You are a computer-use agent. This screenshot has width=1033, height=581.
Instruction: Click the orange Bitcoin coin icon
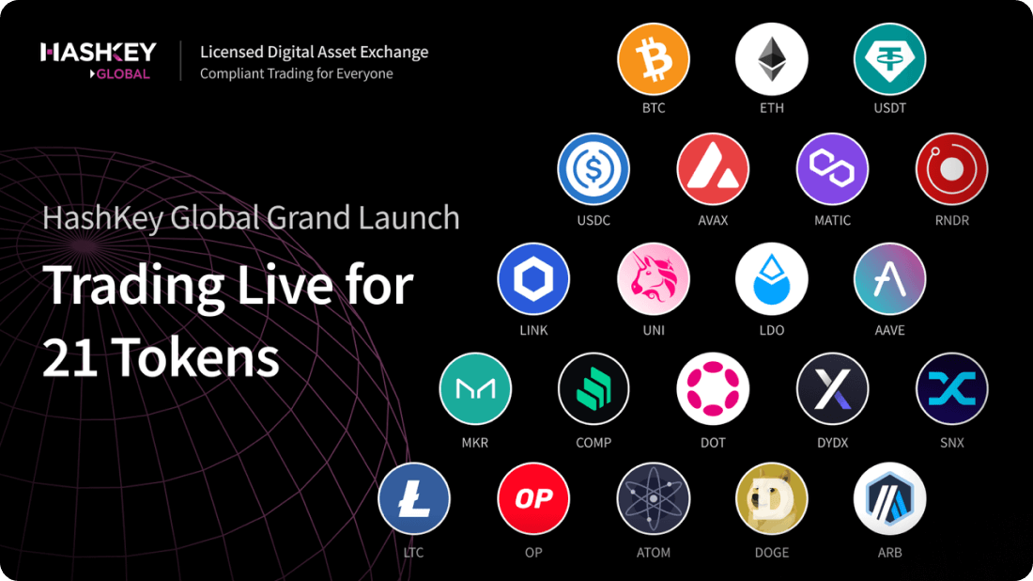point(654,59)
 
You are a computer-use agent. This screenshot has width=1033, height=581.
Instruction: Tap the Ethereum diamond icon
point(772,59)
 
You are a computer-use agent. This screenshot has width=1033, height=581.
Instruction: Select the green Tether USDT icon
point(889,59)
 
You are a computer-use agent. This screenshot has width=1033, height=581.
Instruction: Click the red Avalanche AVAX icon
point(713,169)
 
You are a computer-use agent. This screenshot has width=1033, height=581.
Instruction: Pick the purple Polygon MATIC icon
point(832,169)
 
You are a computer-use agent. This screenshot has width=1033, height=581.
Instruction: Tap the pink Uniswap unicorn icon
point(654,279)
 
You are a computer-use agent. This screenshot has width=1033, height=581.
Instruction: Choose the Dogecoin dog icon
point(772,499)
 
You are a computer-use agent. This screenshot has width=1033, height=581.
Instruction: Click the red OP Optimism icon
point(533,499)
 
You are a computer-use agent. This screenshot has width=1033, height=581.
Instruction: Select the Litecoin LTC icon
point(414,499)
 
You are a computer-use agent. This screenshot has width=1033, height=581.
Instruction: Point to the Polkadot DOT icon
point(713,389)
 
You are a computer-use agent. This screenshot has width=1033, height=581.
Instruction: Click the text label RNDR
point(951,221)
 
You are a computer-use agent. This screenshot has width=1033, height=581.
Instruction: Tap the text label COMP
point(594,442)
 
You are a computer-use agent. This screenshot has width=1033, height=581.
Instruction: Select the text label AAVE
point(889,331)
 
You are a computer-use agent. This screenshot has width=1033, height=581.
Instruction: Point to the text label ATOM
point(654,553)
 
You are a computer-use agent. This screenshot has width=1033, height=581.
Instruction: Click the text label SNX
point(951,442)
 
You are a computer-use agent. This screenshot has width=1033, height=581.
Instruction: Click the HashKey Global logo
point(99,60)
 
